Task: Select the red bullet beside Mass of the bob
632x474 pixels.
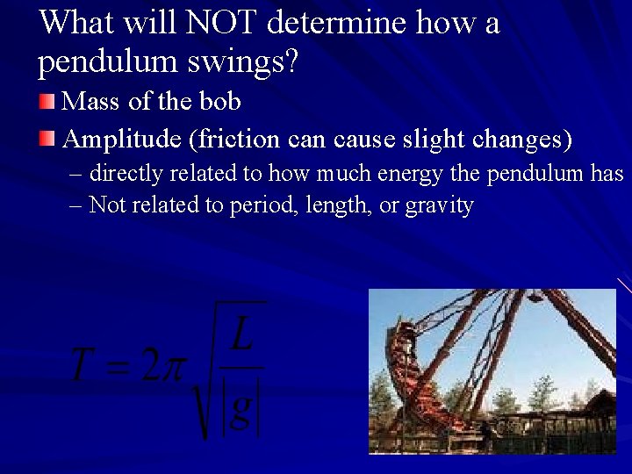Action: point(47,103)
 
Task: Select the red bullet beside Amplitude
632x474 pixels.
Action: point(47,139)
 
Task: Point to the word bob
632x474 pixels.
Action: point(220,102)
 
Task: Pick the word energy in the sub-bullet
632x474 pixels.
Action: point(410,174)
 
